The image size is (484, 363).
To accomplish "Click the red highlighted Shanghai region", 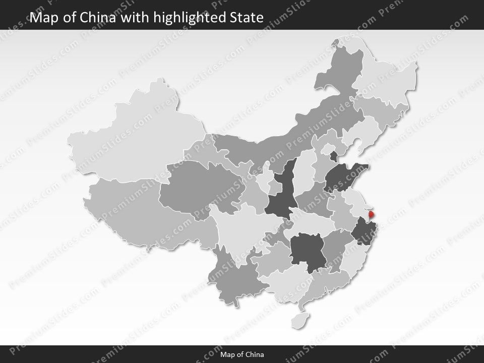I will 372,216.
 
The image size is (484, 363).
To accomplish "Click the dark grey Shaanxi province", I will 280,195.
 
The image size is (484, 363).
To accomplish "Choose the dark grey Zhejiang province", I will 362,232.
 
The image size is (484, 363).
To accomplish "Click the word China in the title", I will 97,18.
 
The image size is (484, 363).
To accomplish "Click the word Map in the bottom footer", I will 227,354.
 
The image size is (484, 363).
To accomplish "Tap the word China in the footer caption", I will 256,354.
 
